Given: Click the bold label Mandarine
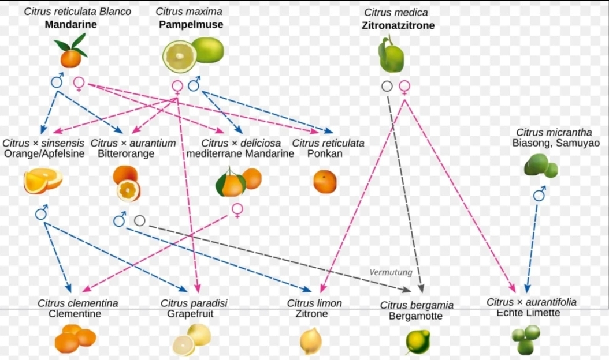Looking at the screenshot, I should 70,25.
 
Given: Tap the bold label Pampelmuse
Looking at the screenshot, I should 191,25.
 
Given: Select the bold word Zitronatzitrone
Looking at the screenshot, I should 398,25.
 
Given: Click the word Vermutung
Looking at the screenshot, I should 391,272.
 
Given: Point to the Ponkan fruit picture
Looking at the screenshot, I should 325,182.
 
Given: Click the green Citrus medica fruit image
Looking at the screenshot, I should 391,55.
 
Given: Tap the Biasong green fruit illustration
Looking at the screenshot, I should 541,165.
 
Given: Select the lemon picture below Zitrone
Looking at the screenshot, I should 310,340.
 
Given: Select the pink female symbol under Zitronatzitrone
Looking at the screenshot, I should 404,87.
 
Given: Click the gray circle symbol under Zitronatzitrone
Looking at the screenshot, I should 387,86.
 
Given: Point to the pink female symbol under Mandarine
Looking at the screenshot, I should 79,84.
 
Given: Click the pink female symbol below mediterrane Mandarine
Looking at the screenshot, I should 237,210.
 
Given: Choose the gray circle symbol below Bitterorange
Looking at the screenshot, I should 139,220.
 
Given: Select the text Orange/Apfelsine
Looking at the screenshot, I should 44,153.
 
